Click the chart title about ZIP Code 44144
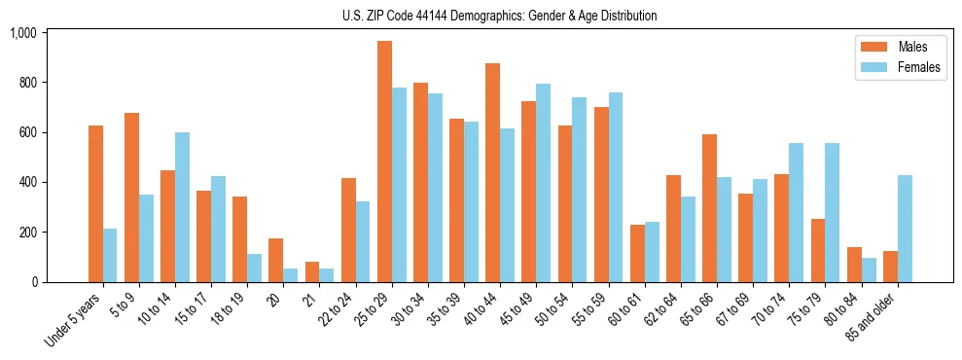coord(500,16)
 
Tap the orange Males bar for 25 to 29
coord(384,162)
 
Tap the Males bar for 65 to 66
coord(709,208)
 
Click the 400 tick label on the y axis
coord(26,183)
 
